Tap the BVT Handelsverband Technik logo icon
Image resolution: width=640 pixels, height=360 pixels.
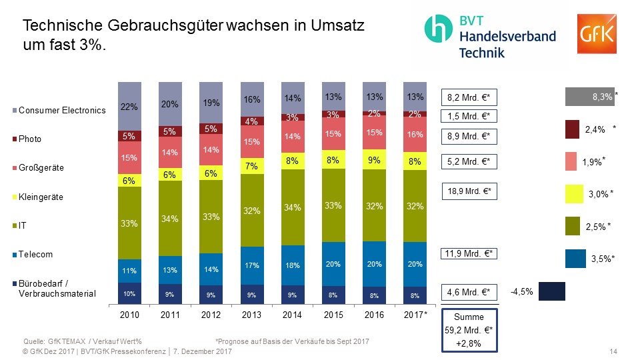440,29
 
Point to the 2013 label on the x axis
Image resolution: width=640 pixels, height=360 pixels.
251,315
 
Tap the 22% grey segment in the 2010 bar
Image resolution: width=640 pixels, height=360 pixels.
130,106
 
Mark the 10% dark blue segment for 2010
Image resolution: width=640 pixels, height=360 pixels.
130,293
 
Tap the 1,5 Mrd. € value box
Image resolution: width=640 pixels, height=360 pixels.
469,116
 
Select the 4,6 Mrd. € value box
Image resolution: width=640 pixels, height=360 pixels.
469,292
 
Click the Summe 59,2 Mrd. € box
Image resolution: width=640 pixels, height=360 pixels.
469,330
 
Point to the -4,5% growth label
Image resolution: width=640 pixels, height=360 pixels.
521,291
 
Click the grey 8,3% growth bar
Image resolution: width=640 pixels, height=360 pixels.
589,97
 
